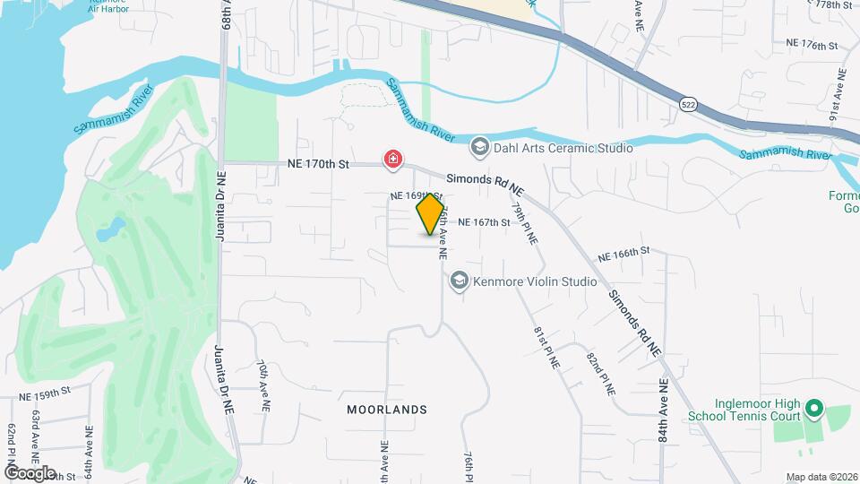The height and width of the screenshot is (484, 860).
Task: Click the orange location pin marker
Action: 431,213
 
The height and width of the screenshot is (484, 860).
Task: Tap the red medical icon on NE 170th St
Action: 392,160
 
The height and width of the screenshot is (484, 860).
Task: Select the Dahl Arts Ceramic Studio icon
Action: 480,147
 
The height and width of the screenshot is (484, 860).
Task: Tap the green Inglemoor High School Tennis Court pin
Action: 813,410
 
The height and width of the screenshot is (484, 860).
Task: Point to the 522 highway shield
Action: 687,104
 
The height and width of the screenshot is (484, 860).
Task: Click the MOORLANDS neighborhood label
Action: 386,410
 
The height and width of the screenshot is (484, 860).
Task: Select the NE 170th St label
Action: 319,165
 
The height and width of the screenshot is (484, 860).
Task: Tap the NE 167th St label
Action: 484,222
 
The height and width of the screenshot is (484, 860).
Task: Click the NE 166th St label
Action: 623,255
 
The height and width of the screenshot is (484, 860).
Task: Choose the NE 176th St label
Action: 812,44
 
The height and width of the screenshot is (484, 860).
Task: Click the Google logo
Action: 30,472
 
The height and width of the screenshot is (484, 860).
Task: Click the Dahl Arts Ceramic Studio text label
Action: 563,148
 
